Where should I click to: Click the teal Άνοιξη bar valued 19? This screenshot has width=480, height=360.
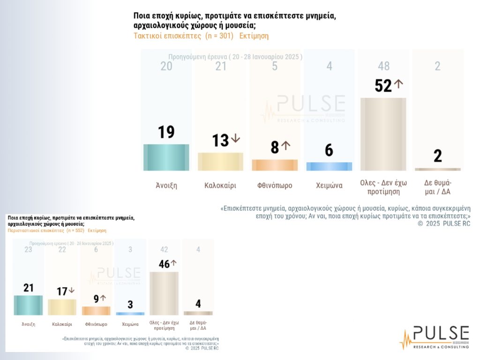click(x=166, y=157)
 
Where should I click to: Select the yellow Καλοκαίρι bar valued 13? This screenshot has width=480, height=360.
click(x=220, y=162)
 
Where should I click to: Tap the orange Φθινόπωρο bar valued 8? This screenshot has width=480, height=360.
click(x=275, y=165)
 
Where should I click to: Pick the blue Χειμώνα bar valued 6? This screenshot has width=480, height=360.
click(x=329, y=166)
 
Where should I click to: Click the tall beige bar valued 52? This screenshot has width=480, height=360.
click(x=383, y=134)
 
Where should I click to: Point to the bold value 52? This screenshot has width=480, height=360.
click(x=383, y=85)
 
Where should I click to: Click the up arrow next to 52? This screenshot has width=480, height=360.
click(x=398, y=84)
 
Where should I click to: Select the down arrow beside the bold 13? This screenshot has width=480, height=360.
click(x=235, y=139)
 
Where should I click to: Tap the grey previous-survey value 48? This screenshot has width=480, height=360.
click(x=383, y=67)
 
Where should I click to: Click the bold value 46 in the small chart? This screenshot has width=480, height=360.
click(x=164, y=264)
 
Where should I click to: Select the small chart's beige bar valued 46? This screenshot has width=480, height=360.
click(x=164, y=293)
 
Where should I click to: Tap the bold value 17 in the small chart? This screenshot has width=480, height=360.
click(x=62, y=292)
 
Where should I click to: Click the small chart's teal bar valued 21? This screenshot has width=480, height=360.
click(x=29, y=305)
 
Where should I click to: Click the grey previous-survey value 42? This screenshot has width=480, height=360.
click(x=164, y=250)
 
